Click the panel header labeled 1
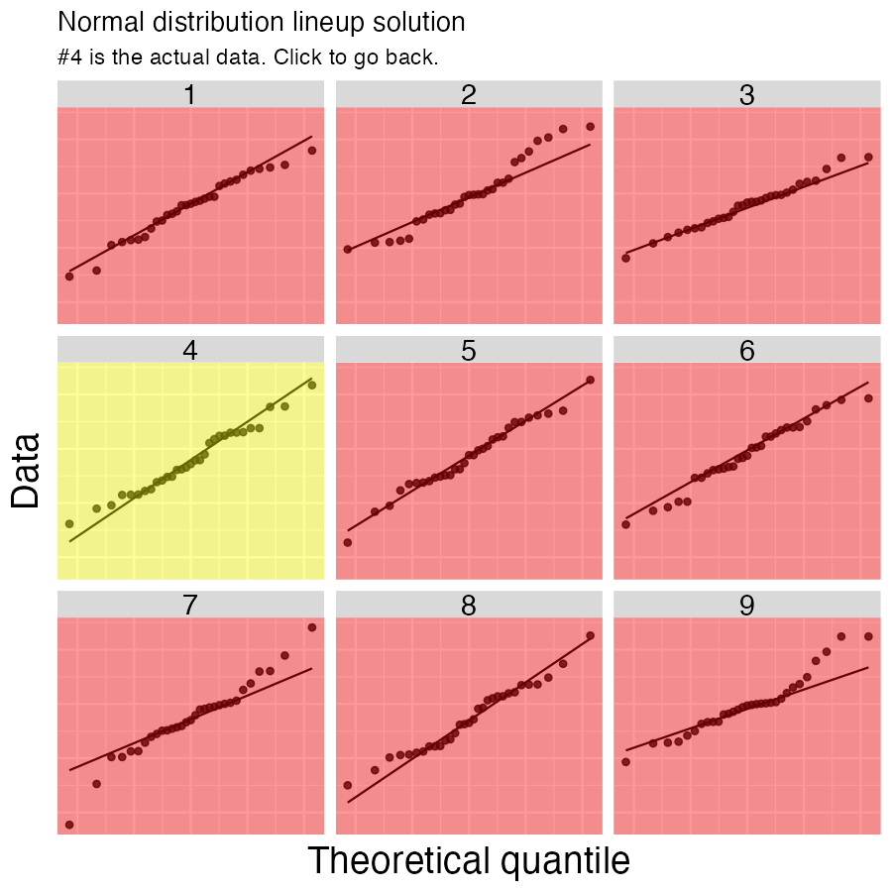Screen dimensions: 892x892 [x=190, y=94]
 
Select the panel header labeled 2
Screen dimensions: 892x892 [x=469, y=94]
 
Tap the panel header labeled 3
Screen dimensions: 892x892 [x=747, y=94]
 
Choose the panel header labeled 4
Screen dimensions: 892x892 [x=190, y=350]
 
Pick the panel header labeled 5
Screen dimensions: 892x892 [x=469, y=350]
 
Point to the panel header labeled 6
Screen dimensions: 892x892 [x=747, y=350]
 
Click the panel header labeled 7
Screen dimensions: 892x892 [x=190, y=605]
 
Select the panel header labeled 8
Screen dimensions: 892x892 [x=469, y=605]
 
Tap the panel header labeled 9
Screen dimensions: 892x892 [x=747, y=605]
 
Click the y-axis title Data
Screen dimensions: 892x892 [x=26, y=470]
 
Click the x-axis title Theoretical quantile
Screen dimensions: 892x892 [x=469, y=860]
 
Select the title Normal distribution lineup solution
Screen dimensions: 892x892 [x=262, y=21]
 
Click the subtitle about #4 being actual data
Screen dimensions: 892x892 [x=248, y=56]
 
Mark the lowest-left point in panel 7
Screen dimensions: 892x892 [x=69, y=825]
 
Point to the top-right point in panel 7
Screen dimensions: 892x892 [x=311, y=627]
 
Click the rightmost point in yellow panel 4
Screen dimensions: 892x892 [x=311, y=386]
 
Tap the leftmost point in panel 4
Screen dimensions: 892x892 [x=69, y=523]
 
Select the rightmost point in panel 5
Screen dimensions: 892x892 [x=590, y=380]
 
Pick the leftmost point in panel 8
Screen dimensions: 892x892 [x=348, y=785]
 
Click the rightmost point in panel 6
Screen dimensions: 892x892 [x=868, y=398]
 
